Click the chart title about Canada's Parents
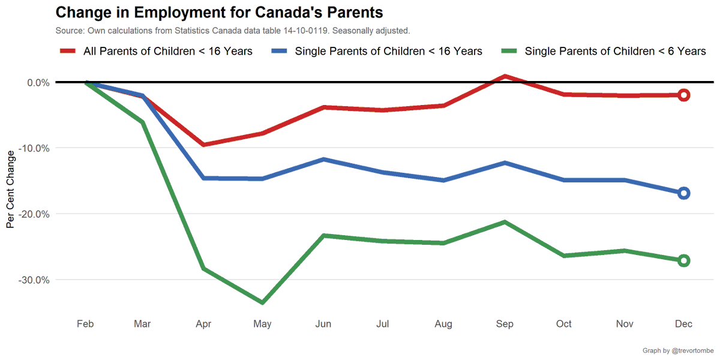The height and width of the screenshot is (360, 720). (219, 12)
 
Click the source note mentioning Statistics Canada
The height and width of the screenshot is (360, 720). (232, 30)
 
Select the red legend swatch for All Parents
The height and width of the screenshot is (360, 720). (67, 52)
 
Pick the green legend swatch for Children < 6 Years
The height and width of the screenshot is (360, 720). (508, 52)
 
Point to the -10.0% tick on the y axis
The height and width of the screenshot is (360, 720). (34, 148)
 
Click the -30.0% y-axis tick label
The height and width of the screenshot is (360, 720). (34, 280)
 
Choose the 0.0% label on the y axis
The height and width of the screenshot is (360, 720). (37, 82)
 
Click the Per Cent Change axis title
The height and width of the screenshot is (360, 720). (10, 190)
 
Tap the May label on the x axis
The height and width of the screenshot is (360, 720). (262, 324)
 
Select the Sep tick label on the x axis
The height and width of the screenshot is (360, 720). (504, 324)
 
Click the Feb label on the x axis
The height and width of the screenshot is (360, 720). (85, 324)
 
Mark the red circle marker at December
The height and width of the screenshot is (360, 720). (683, 95)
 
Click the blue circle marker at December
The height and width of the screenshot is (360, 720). (683, 193)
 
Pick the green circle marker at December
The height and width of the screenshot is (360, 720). (683, 260)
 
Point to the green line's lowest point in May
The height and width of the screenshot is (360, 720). (263, 302)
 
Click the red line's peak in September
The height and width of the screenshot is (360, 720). (505, 76)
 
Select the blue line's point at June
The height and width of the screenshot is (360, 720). (323, 159)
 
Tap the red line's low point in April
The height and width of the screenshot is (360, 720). (204, 145)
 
